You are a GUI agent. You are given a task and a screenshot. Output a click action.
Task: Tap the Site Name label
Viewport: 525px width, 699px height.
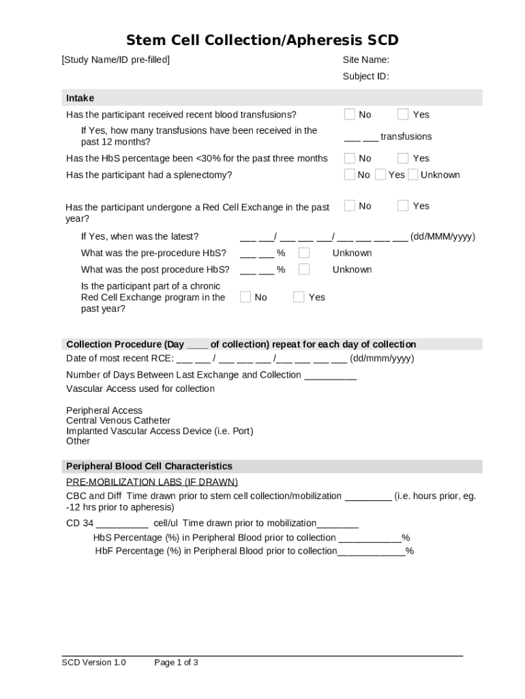click(x=365, y=59)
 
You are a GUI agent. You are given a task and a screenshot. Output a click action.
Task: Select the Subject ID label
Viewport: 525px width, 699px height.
click(x=365, y=76)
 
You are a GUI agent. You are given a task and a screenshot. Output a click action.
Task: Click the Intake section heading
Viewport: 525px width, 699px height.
click(x=80, y=98)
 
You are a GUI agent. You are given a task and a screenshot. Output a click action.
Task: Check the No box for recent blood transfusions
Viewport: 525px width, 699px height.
click(x=350, y=114)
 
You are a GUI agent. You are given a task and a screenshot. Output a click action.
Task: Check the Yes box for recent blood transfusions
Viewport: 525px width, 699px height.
click(x=403, y=114)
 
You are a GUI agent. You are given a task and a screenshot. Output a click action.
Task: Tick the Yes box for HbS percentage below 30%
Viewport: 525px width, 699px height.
click(x=403, y=158)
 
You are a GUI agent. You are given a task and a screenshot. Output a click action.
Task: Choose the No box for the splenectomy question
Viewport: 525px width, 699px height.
click(x=350, y=174)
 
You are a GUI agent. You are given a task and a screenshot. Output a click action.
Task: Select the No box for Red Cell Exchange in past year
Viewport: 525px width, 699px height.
click(x=350, y=205)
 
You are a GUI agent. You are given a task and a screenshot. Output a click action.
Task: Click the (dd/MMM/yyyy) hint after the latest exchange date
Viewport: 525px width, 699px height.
click(x=442, y=236)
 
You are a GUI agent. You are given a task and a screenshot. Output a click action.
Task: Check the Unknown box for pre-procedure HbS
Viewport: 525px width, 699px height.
click(x=304, y=253)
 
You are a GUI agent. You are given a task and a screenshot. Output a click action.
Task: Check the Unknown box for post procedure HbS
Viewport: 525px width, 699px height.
click(x=304, y=269)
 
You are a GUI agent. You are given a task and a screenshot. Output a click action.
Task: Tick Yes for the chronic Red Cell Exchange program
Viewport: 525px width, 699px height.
click(x=299, y=296)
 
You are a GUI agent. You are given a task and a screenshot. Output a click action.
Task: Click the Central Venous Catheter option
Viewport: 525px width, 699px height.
click(x=118, y=420)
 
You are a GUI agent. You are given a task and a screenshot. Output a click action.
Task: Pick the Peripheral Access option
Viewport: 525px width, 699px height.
click(x=104, y=410)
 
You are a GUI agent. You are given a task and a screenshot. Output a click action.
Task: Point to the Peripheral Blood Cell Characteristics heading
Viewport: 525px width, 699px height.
click(x=149, y=466)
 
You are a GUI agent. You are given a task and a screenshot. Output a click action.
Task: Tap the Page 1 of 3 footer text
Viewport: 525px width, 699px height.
click(x=176, y=662)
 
